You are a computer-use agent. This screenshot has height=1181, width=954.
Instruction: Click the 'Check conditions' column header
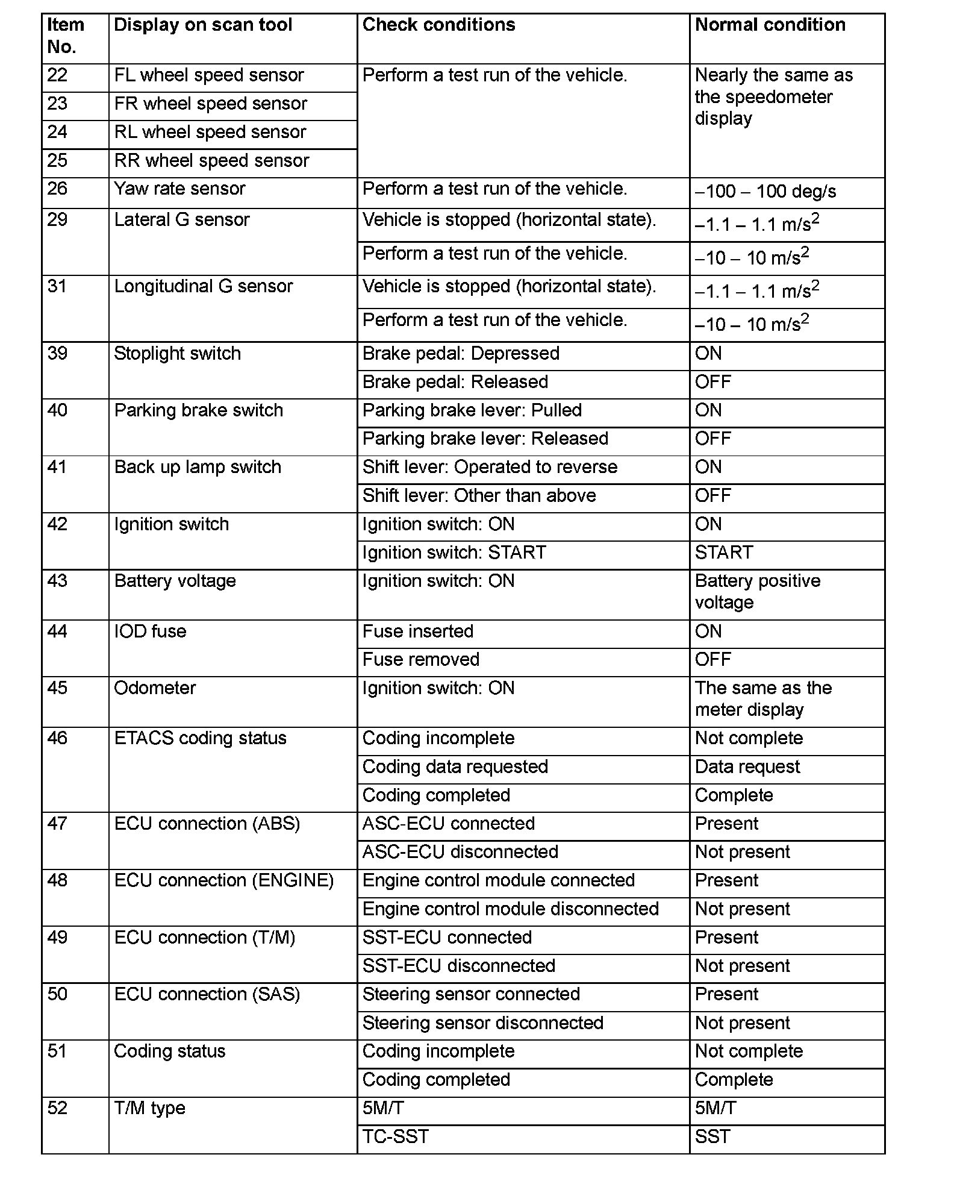(x=438, y=25)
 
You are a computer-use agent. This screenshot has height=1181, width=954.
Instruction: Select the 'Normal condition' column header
(x=770, y=25)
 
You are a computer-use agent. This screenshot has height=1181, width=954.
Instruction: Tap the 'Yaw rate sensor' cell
(x=179, y=189)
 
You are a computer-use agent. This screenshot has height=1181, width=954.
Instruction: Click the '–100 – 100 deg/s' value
(x=765, y=192)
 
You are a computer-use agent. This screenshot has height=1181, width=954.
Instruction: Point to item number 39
(x=58, y=353)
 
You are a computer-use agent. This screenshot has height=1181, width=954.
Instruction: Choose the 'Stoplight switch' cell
(x=177, y=353)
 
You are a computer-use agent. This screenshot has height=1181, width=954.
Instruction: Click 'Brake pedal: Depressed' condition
(x=461, y=353)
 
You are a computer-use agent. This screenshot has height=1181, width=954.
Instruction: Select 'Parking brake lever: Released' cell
(x=485, y=439)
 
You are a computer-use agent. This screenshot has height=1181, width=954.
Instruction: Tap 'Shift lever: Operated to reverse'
(x=490, y=467)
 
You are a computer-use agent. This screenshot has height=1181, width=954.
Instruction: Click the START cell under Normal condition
(x=723, y=553)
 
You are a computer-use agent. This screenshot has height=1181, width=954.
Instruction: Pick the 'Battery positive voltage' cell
(x=757, y=592)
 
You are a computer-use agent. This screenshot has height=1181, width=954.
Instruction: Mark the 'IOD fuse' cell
(x=150, y=631)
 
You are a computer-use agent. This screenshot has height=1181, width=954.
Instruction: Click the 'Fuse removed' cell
(x=420, y=660)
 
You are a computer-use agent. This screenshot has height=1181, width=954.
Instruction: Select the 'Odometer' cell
(x=155, y=688)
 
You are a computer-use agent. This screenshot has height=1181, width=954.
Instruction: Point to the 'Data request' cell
(x=747, y=767)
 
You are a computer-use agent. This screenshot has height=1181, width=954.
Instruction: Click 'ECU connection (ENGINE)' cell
(x=223, y=880)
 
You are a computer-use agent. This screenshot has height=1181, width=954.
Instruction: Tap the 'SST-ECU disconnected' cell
(x=458, y=966)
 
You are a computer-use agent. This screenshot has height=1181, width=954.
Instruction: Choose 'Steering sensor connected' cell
(x=471, y=994)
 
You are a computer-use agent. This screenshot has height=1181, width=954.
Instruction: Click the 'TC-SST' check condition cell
(x=395, y=1137)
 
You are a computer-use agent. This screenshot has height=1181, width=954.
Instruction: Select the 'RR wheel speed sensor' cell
(x=211, y=161)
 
